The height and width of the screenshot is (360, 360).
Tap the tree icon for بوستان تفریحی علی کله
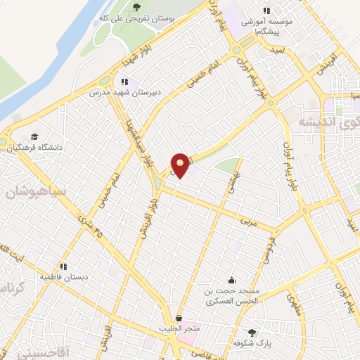(136, 7)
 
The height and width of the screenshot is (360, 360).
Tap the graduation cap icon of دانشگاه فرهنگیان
(34, 137)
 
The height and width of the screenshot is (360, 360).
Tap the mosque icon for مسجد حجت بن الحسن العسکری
(230, 280)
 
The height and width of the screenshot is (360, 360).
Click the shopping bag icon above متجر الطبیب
(179, 318)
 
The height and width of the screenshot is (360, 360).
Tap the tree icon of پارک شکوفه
(252, 332)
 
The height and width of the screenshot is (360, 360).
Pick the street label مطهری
(294, 304)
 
